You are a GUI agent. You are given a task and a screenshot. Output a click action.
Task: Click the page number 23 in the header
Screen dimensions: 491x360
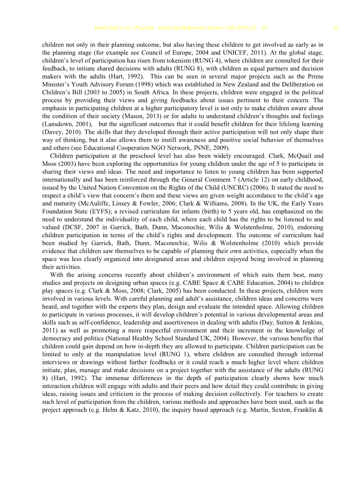pyautogui.click(x=336, y=28)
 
